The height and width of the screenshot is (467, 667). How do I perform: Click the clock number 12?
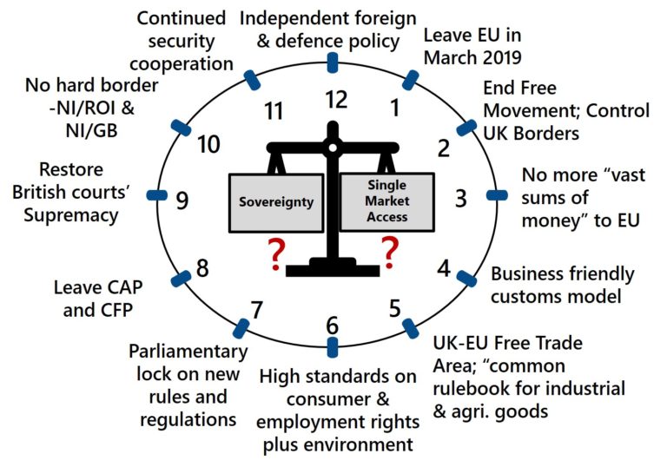(337, 100)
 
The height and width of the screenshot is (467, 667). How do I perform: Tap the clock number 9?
(182, 201)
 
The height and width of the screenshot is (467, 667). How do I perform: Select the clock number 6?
(333, 326)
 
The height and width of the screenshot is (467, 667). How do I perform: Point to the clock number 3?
(460, 198)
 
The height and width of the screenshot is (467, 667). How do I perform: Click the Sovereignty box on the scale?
(276, 202)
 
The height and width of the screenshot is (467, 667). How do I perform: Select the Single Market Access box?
(386, 201)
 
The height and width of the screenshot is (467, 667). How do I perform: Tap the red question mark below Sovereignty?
(275, 254)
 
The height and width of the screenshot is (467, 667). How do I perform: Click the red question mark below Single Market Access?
(390, 253)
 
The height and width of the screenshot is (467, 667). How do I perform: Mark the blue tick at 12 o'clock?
(333, 63)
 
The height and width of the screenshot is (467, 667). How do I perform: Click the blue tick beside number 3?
(497, 195)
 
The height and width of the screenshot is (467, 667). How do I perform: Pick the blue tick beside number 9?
(156, 195)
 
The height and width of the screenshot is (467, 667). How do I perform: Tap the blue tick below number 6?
(333, 347)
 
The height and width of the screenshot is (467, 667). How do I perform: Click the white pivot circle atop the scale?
(333, 148)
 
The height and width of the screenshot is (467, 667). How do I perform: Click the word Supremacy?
(71, 215)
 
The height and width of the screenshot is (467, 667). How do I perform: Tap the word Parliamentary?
(188, 352)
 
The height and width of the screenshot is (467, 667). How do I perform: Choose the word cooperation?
(182, 64)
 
